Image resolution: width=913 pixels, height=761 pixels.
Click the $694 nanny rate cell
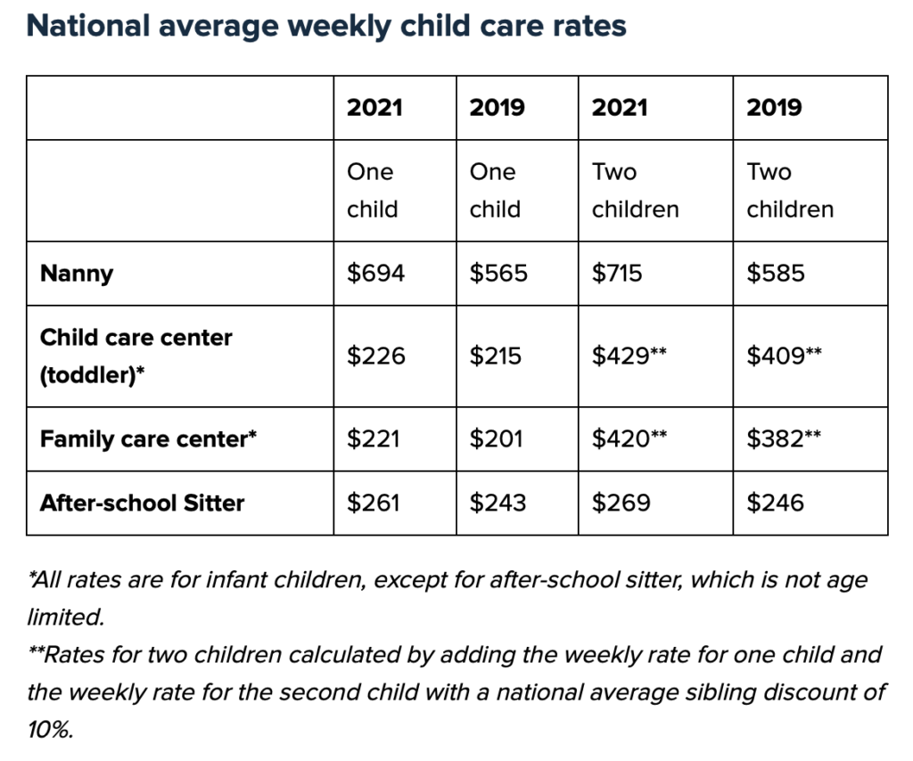375,273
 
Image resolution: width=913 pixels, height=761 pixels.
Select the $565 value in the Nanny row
498,273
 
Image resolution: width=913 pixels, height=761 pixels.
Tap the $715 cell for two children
617,273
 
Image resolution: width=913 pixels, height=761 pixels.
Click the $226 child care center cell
375,356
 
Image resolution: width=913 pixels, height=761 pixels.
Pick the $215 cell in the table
498,356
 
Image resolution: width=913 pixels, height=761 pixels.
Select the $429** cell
629,356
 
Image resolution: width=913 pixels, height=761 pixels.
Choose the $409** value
784,356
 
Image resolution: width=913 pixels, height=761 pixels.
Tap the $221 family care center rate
374,439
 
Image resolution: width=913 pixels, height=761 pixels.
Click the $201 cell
498,439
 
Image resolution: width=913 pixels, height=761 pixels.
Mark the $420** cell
629,439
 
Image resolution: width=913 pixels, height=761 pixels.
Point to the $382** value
784,439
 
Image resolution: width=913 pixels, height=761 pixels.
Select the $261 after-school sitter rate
374,503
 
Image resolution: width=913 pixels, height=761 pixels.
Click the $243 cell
498,503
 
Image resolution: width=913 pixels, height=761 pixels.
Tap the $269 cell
621,503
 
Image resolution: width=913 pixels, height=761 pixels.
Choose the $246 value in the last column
775,503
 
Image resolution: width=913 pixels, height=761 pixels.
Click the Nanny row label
77,273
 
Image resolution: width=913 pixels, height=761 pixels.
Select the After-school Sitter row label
142,503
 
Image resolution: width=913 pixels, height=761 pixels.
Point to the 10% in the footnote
49,730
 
